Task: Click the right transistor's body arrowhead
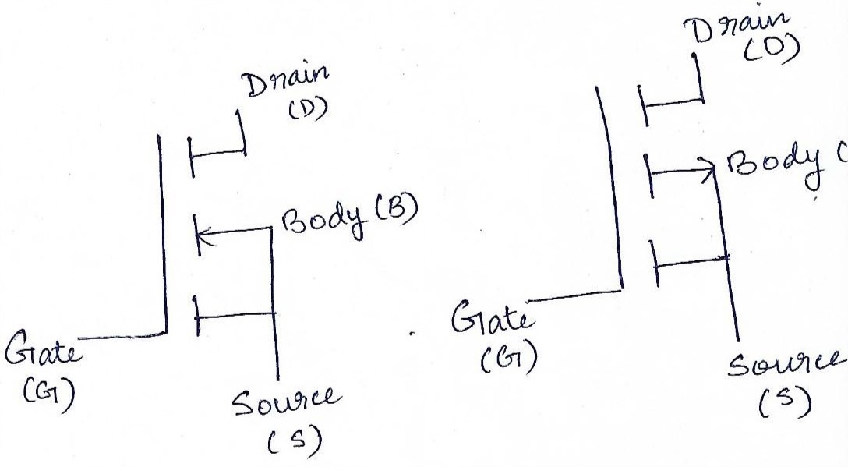(708, 168)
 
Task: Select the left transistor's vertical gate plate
(162, 234)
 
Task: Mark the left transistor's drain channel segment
(191, 154)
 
